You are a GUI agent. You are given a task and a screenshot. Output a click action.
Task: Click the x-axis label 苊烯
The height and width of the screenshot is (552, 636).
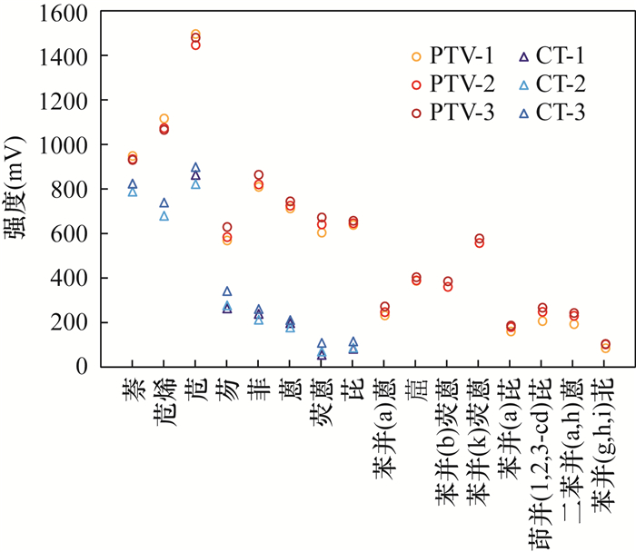(164, 399)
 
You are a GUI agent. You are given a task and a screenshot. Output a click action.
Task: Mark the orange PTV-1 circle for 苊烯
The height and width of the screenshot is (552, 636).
(164, 119)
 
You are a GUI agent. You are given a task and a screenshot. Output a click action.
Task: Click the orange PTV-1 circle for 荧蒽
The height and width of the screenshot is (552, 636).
(322, 232)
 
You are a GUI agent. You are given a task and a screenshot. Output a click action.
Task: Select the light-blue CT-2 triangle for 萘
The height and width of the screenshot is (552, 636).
(133, 192)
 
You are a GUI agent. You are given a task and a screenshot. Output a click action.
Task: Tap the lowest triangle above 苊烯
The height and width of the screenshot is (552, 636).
(164, 216)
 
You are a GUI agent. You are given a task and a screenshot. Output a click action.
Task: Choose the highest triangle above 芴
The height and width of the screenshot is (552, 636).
(227, 291)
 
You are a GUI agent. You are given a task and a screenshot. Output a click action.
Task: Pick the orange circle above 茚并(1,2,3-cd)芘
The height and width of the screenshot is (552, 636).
(542, 320)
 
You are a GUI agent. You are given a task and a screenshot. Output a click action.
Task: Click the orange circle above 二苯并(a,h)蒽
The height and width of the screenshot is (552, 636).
(574, 324)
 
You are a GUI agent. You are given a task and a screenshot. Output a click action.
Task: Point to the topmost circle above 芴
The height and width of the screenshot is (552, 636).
(227, 227)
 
